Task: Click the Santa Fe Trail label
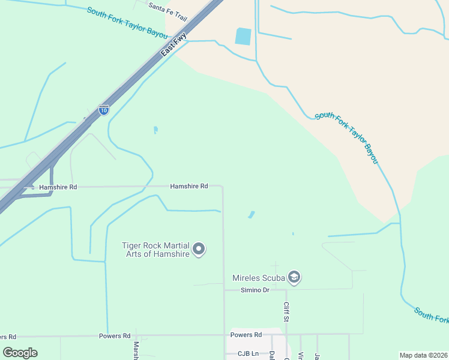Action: point(168,11)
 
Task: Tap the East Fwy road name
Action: point(174,44)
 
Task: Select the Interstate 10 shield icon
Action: point(104,110)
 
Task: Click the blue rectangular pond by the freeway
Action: point(243,37)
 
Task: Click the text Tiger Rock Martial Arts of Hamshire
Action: point(155,250)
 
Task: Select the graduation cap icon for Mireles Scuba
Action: point(294,277)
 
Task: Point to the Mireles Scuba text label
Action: point(259,278)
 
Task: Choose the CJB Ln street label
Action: point(248,353)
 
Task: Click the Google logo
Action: point(20,352)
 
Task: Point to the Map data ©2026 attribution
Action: point(423,355)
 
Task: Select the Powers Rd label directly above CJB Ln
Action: point(246,334)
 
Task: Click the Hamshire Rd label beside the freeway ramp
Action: point(58,187)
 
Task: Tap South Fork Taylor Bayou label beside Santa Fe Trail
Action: point(127,23)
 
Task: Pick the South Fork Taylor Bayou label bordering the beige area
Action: point(348,137)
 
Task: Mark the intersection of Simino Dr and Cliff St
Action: point(286,290)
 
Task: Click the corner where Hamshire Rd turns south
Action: point(223,187)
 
